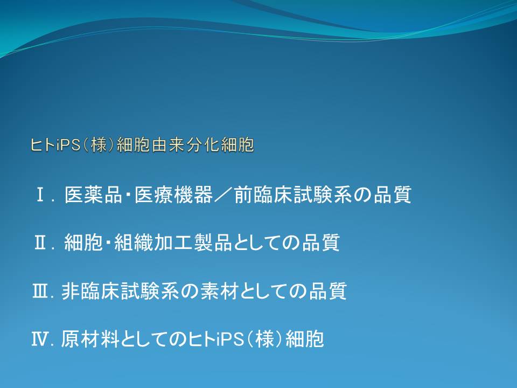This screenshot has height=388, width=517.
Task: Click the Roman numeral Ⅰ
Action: pos(40,195)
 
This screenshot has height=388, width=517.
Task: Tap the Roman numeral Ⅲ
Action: pos(40,292)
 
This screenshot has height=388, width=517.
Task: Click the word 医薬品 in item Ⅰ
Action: pos(93,195)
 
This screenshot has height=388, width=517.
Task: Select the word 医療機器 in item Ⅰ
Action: pos(173,195)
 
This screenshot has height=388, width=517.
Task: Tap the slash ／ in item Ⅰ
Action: pos(223,195)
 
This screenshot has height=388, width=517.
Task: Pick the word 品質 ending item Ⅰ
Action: pos(393,195)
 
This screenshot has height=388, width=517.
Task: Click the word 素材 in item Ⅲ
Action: pos(220,292)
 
